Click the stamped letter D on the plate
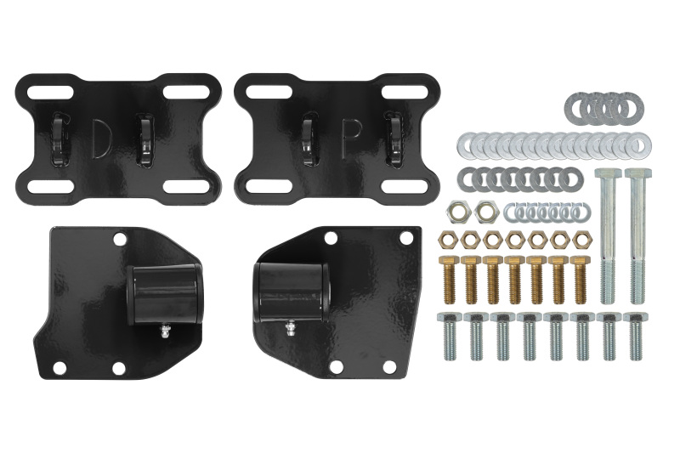[99, 138]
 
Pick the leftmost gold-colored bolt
[448, 278]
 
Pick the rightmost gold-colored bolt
[581, 278]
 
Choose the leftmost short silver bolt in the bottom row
[449, 336]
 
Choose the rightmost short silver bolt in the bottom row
[633, 336]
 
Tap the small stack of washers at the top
[603, 107]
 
